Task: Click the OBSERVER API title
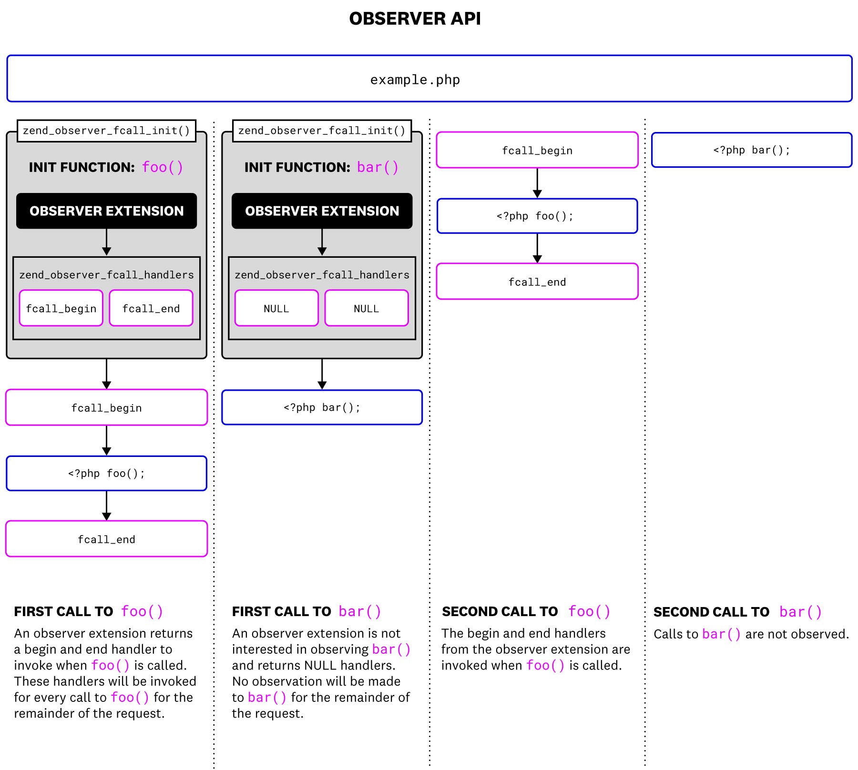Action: tap(415, 19)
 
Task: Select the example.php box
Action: tap(429, 79)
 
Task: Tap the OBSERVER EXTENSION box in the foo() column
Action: tap(106, 211)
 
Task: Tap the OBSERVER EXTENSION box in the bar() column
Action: tap(322, 211)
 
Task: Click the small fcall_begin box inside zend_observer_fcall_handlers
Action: tap(61, 308)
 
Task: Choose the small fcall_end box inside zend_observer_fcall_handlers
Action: tap(151, 308)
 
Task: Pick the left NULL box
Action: tap(276, 308)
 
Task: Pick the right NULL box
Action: tap(366, 308)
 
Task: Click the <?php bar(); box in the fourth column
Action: tap(751, 150)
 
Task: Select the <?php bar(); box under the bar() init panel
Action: tap(322, 407)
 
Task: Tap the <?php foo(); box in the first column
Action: tap(106, 473)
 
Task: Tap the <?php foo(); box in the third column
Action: tap(537, 216)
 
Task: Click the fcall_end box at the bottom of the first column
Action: tap(106, 539)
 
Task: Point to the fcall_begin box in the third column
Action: tap(537, 151)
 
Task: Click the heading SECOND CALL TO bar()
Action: tap(737, 612)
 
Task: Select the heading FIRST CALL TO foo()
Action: tap(88, 611)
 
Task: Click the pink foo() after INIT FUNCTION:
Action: tap(163, 167)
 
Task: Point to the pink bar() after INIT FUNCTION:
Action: tap(378, 167)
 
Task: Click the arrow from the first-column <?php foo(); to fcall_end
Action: tap(106, 506)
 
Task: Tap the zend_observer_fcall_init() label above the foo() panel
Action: tap(106, 131)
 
